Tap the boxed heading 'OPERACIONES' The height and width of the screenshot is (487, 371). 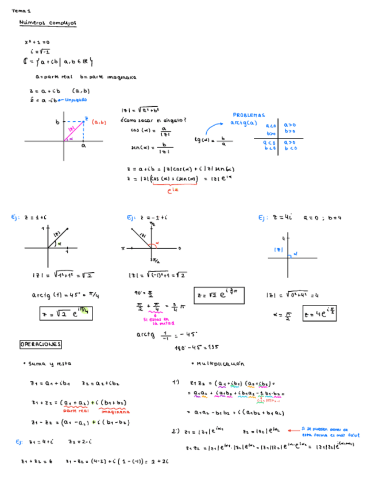click(40, 344)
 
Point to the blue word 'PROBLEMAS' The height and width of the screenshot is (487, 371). click(248, 115)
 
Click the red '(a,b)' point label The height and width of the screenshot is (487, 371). click(99, 122)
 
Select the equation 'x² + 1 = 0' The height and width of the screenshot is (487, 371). click(37, 42)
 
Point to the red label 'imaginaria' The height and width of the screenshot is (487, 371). click(115, 411)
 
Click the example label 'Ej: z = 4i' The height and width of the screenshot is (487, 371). click(276, 218)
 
